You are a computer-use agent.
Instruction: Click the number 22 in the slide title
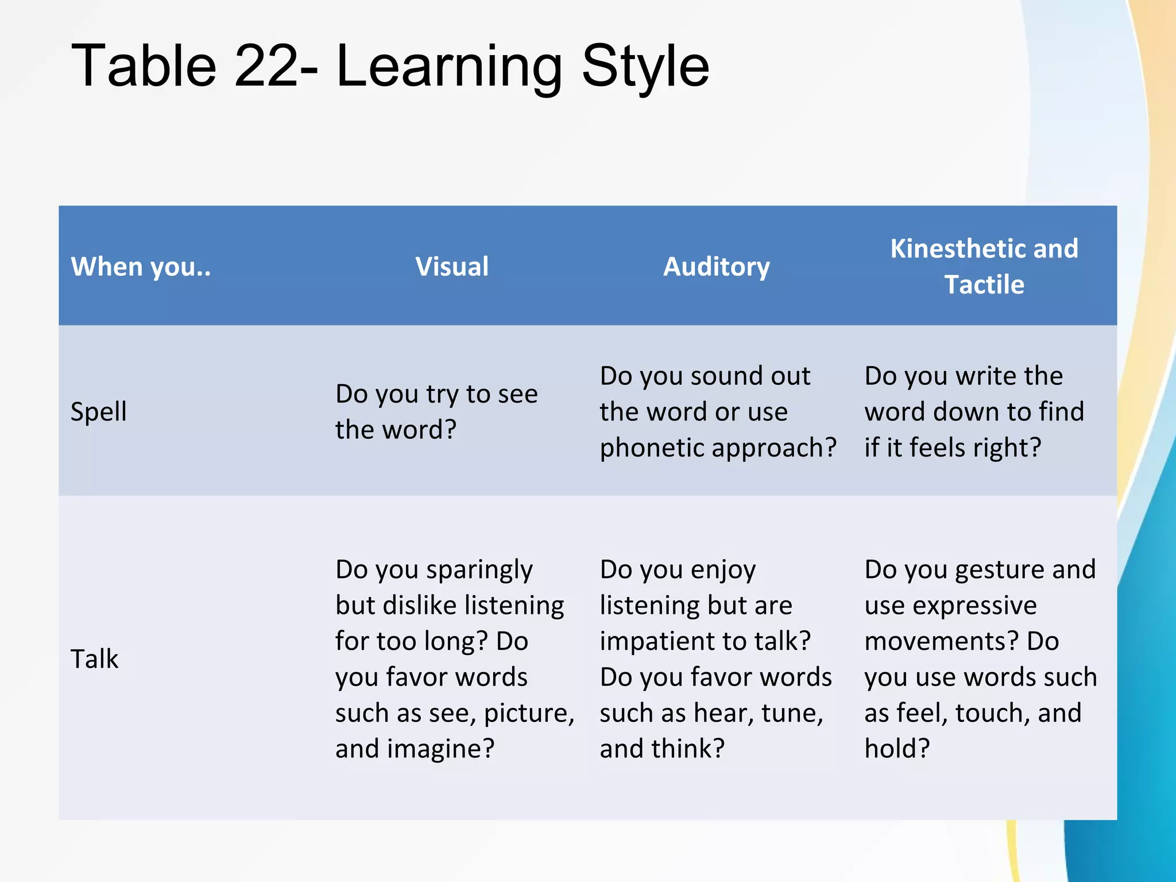(267, 67)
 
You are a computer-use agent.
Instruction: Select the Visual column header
(452, 266)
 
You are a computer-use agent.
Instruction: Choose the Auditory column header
(717, 266)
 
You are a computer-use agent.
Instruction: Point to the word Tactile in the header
(984, 285)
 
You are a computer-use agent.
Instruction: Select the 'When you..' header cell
(141, 266)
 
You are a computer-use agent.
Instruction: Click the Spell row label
(99, 412)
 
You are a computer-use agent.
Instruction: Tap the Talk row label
(94, 659)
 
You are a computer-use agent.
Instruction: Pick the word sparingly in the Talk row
(479, 570)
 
